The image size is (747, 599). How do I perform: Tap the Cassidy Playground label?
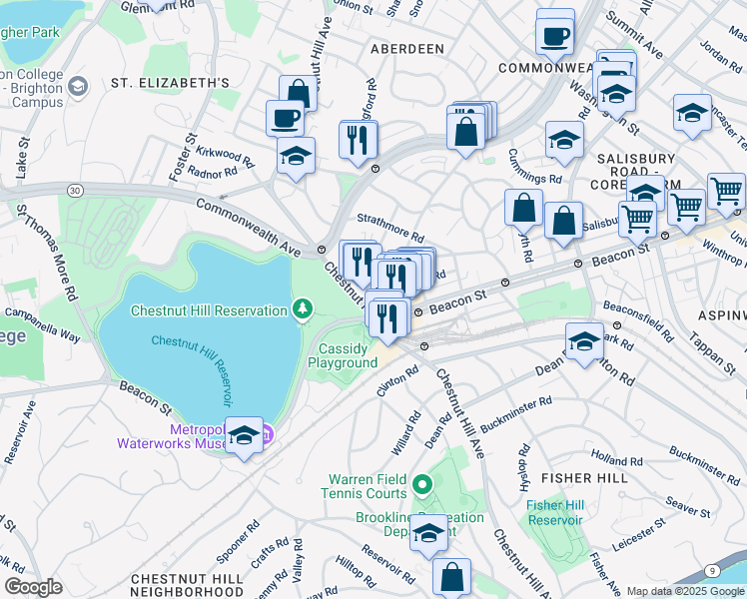349,356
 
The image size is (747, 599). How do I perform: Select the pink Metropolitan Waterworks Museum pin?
267,434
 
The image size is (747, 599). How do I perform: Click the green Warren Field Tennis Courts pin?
422,486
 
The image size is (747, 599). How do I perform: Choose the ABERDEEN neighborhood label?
406,48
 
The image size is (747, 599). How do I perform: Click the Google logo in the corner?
33,587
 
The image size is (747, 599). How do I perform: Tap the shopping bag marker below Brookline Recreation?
452,577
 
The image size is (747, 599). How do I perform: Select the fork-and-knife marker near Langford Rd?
358,141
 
